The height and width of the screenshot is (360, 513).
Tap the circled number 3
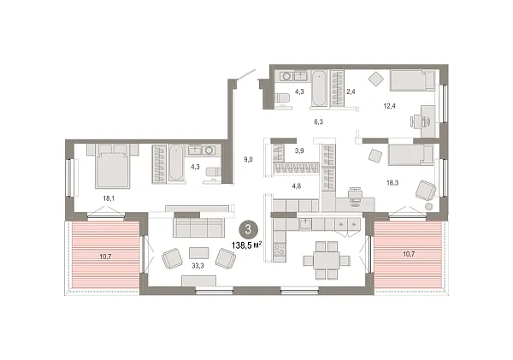click(x=248, y=228)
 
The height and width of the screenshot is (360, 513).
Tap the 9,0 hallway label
click(x=248, y=157)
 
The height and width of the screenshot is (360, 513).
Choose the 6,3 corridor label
click(x=318, y=122)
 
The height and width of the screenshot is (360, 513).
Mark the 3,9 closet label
click(x=299, y=150)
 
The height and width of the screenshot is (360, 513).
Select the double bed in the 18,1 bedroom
click(x=111, y=167)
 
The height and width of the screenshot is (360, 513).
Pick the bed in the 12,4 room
click(x=413, y=80)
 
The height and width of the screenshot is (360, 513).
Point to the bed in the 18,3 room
click(x=412, y=155)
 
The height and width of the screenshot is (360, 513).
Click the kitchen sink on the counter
click(x=305, y=224)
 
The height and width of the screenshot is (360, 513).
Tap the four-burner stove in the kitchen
click(x=347, y=223)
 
